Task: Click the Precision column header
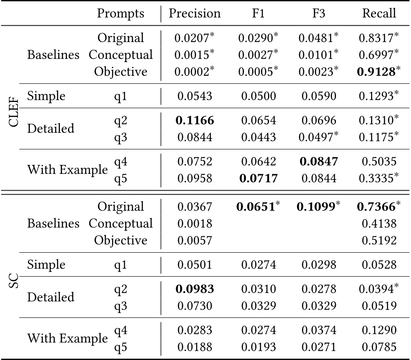point(194,14)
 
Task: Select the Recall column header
point(379,14)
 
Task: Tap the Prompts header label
point(120,14)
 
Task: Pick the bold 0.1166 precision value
point(194,121)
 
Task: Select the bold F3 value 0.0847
point(319,162)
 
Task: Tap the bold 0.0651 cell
point(256,207)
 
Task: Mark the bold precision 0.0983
point(194,290)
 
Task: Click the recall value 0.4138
point(379,224)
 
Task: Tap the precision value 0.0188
point(194,347)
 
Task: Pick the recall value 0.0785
point(379,347)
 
